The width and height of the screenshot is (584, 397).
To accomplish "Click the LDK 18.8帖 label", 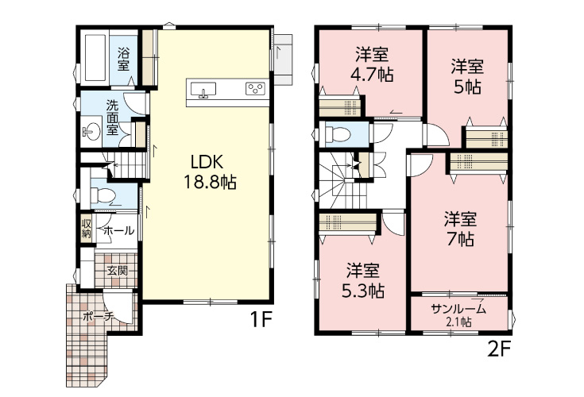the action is pyautogui.click(x=210, y=172).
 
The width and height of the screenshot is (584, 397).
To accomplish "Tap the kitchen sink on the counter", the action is pyautogui.click(x=203, y=90).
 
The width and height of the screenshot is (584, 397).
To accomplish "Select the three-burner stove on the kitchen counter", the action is pyautogui.click(x=255, y=89).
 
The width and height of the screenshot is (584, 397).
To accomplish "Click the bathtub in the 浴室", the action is pyautogui.click(x=95, y=58).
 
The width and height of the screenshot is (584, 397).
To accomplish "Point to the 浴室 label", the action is pyautogui.click(x=124, y=59).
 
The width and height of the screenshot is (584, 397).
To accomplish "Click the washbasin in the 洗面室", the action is pyautogui.click(x=91, y=131).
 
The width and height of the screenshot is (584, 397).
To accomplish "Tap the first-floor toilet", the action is pyautogui.click(x=102, y=195).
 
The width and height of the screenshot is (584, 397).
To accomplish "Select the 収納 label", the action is pyautogui.click(x=87, y=229).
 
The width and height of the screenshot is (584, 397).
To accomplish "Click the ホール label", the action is pyautogui.click(x=119, y=231).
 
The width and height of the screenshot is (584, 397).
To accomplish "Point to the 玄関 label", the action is pyautogui.click(x=118, y=271).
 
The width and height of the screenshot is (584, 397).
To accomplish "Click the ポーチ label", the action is pyautogui.click(x=98, y=317).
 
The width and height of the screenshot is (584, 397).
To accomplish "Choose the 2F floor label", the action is pyautogui.click(x=498, y=349).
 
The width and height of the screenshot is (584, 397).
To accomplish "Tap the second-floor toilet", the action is pyautogui.click(x=338, y=133).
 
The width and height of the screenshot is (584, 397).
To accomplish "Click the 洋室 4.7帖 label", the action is pyautogui.click(x=372, y=65).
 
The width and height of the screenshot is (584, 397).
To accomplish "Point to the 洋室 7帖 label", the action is pyautogui.click(x=460, y=229).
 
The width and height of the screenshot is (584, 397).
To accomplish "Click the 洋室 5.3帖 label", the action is pyautogui.click(x=363, y=280).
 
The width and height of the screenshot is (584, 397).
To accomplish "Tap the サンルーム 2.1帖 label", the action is pyautogui.click(x=458, y=314).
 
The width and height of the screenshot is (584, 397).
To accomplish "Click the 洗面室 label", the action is pyautogui.click(x=112, y=118).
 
